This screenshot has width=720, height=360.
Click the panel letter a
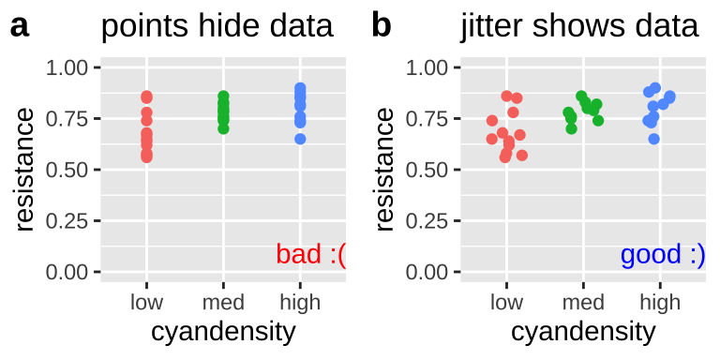tap(20, 26)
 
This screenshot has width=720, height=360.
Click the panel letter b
tap(381, 25)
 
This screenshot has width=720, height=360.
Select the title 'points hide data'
tap(217, 26)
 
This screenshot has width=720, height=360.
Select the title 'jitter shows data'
tap(579, 26)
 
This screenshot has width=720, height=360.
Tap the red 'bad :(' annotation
tap(310, 254)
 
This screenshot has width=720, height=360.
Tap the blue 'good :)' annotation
tap(662, 254)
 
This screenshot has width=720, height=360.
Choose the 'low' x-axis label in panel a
tap(146, 302)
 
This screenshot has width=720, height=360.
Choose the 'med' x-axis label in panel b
tap(583, 302)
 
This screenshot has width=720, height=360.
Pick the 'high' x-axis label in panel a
tap(300, 302)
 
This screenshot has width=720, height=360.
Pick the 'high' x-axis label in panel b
tap(660, 302)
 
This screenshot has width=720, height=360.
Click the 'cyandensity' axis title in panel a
tap(223, 332)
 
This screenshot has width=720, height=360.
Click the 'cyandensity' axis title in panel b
tap(583, 332)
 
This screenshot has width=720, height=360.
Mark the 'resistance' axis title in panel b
tap(383, 170)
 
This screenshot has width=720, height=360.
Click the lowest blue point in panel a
tap(300, 139)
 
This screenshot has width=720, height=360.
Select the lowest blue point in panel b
tap(654, 139)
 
